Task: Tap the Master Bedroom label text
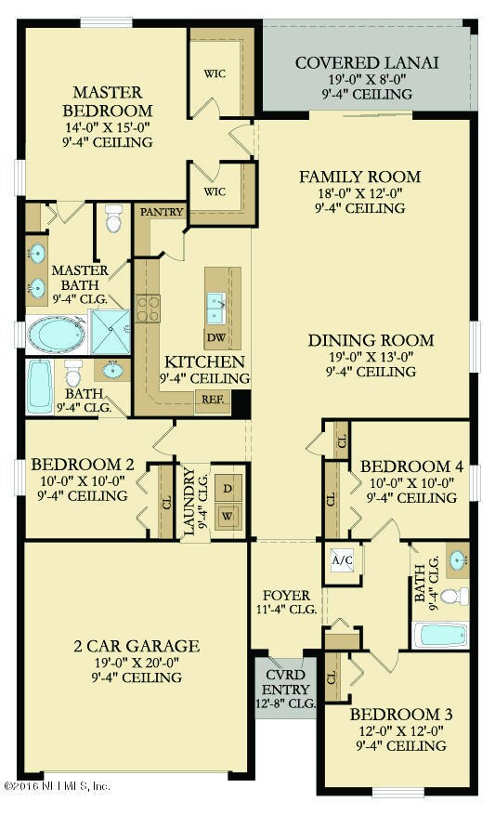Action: [108, 101]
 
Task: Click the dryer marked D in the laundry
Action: [228, 489]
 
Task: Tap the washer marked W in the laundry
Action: [228, 516]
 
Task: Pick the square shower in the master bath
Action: [111, 332]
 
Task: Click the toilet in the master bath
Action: [114, 218]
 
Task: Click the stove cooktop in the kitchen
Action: [149, 308]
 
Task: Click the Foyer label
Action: [285, 596]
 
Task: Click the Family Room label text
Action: [359, 177]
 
